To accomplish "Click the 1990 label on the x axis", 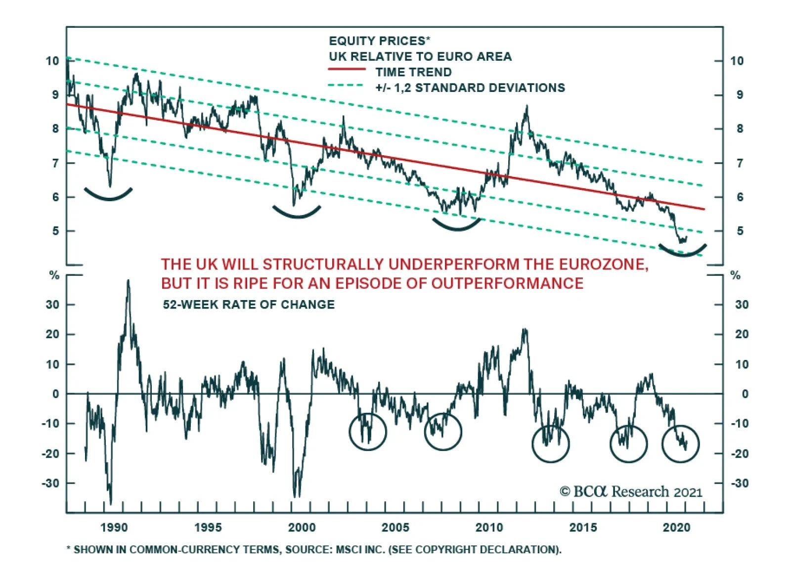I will pos(114,528).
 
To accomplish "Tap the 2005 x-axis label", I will pos(395,528).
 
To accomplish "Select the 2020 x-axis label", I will pos(676,528).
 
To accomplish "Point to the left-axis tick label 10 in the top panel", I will pos(52,61).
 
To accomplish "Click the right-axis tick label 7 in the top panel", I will pos(740,163).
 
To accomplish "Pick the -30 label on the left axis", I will pos(51,483).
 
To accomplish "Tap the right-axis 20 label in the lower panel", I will pos(742,334).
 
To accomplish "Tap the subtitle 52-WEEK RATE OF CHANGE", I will pos(249,305).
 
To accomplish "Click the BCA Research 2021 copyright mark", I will pos(631,491).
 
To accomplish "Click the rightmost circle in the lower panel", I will pos(680,443).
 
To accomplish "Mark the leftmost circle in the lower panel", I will pos(367,431).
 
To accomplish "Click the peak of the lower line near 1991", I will pos(129,280).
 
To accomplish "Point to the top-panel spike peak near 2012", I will pos(527,106).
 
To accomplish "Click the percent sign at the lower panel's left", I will pos(54,275).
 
